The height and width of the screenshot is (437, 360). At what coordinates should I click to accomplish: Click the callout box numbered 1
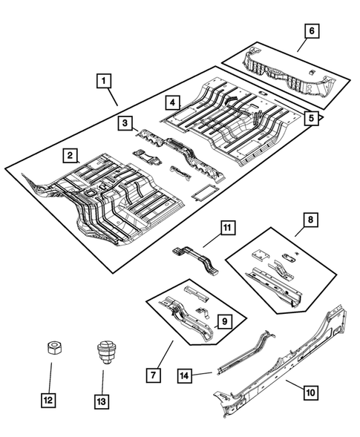pyautogui.click(x=103, y=79)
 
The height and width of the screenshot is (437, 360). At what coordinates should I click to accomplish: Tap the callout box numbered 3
pyautogui.click(x=127, y=122)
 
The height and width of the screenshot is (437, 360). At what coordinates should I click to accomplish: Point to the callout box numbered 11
pyautogui.click(x=227, y=227)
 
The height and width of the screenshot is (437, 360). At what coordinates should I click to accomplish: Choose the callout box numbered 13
pyautogui.click(x=102, y=401)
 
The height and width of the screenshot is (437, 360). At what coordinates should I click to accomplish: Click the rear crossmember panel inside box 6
pyautogui.click(x=286, y=75)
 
